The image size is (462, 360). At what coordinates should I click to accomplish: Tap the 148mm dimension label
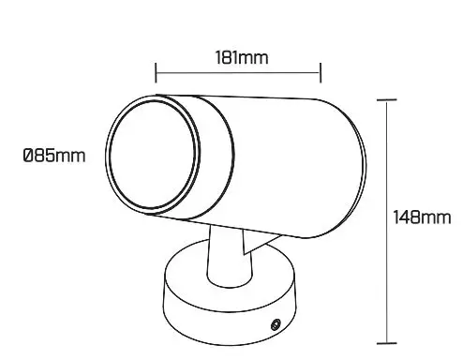pyautogui.click(x=421, y=217)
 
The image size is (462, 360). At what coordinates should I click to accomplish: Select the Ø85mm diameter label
pyautogui.click(x=53, y=155)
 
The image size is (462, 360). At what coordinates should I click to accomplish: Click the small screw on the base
pyautogui.click(x=276, y=324)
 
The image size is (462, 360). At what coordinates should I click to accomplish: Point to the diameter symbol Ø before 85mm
pyautogui.click(x=28, y=155)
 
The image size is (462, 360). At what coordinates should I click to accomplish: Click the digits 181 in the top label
pyautogui.click(x=225, y=57)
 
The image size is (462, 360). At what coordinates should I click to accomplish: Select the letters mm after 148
pyautogui.click(x=437, y=217)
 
